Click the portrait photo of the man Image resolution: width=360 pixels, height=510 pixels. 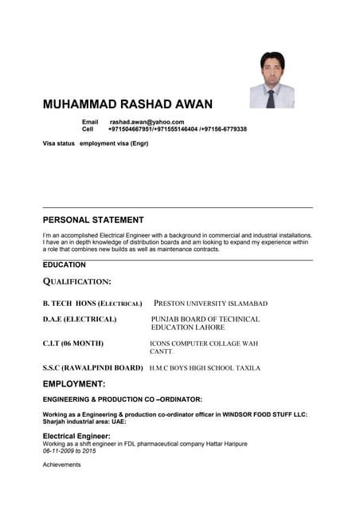click(272, 80)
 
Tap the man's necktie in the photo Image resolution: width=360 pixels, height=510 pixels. click(271, 98)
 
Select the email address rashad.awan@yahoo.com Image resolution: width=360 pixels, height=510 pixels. click(147, 122)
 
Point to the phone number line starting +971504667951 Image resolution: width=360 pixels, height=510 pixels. click(177, 129)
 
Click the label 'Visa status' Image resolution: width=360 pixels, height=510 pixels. click(59, 143)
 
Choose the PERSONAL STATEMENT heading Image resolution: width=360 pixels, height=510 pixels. click(93, 220)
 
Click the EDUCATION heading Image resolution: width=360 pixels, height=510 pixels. click(65, 265)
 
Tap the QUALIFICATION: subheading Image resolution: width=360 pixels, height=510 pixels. click(76, 281)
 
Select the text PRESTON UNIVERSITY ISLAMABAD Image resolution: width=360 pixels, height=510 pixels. click(210, 304)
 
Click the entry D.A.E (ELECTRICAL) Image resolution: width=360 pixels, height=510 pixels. click(80, 320)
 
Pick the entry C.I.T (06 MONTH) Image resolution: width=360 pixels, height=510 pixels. click(73, 343)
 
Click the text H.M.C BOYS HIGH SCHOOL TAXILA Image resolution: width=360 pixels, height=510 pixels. click(205, 368)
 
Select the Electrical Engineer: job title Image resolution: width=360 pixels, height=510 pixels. click(76, 436)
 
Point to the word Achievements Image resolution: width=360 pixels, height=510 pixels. click(62, 465)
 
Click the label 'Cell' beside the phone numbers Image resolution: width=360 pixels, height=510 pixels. click(88, 129)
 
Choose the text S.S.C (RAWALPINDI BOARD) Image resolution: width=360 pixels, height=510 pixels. click(92, 368)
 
